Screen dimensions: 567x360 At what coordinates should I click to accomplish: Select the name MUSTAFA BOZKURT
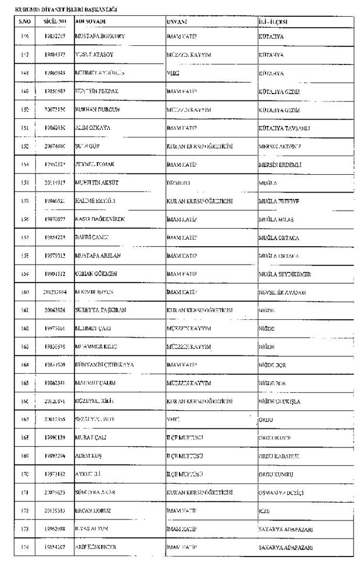[100, 37]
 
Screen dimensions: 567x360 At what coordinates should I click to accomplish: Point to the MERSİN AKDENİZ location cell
[280, 146]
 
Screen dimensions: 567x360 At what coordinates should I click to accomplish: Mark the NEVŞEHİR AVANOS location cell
[282, 292]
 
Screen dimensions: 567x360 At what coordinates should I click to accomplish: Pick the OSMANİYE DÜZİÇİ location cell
[281, 492]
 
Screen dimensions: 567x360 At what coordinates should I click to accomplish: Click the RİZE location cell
[265, 511]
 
